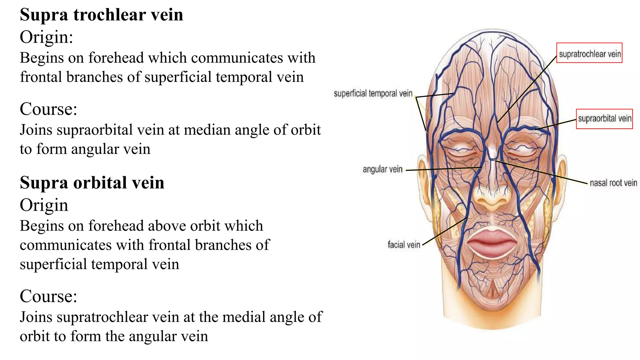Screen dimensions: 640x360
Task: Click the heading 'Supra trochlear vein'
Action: [101, 15]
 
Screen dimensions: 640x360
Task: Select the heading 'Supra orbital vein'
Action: [92, 183]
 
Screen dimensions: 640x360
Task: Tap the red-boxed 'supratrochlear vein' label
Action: [589, 53]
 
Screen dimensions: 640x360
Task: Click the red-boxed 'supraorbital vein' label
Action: [604, 119]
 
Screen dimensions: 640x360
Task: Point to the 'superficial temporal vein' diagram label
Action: [373, 93]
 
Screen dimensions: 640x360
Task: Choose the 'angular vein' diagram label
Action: [382, 169]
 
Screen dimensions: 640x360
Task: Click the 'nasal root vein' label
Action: [613, 183]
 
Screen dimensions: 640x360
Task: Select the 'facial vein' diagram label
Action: [404, 244]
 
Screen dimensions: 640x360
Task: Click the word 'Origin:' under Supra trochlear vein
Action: [46, 37]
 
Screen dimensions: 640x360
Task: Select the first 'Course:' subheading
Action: [48, 109]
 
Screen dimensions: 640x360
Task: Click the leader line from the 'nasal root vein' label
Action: [541, 172]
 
